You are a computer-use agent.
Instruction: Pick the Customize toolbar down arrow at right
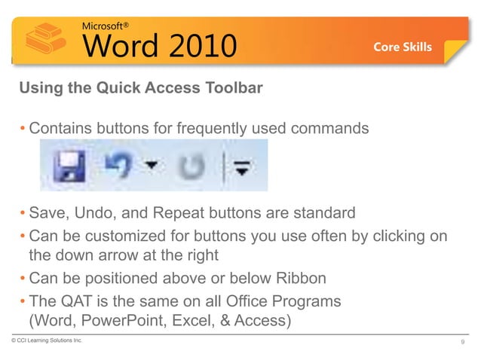(242, 167)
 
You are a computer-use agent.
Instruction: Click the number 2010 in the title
(193, 46)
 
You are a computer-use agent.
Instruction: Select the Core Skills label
(403, 47)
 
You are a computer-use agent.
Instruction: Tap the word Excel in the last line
(194, 320)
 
